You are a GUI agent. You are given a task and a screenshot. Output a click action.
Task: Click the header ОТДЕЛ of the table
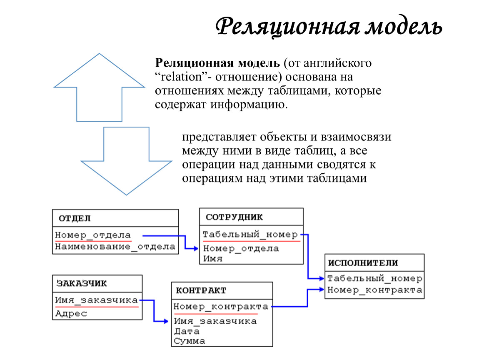tap(75, 218)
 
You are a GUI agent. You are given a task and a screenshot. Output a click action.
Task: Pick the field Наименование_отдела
tap(115, 247)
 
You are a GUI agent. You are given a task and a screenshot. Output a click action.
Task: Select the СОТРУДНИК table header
tap(234, 217)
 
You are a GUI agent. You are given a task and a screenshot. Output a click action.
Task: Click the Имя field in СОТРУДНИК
tap(212, 258)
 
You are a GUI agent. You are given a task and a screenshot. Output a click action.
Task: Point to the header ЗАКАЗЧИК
tap(82, 283)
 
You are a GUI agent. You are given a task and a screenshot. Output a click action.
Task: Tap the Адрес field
tap(71, 314)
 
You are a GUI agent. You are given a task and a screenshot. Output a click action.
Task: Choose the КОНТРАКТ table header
tap(201, 290)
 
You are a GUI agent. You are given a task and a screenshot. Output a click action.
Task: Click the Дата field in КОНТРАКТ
tap(187, 331)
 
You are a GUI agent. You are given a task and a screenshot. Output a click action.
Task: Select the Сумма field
tap(190, 341)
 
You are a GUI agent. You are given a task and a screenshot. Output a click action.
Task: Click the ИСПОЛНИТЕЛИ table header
tap(363, 263)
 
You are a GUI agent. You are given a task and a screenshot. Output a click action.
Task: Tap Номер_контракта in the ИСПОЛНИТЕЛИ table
tap(374, 290)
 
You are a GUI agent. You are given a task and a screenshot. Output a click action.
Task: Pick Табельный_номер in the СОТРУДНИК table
tap(250, 235)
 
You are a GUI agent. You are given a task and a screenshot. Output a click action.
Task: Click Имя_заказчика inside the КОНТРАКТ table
tap(215, 321)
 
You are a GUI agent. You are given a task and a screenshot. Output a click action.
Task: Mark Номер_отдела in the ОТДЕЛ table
tap(93, 235)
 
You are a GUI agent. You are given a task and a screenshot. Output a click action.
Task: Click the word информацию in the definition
tap(249, 105)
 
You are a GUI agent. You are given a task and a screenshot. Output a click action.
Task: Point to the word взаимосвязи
tap(356, 137)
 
